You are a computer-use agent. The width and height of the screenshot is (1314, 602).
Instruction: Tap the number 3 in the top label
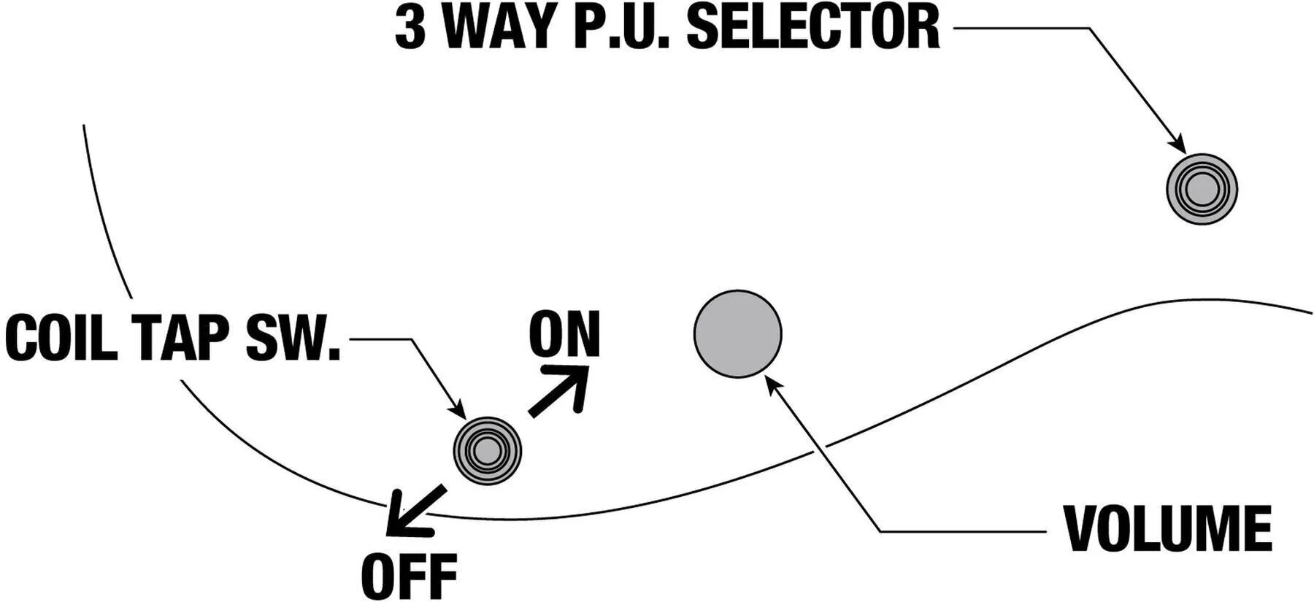click(410, 28)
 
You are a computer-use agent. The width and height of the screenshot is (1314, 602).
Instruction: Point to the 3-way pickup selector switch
click(1202, 189)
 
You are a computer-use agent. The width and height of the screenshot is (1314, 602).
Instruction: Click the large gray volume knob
click(737, 333)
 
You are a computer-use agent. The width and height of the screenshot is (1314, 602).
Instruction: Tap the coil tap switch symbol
click(487, 451)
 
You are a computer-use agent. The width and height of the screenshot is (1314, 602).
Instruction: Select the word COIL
click(61, 338)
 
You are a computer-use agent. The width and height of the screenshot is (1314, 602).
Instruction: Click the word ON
click(564, 333)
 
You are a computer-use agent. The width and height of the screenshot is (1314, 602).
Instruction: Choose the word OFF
click(409, 576)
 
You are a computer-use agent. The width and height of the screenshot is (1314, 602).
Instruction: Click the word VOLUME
click(1167, 528)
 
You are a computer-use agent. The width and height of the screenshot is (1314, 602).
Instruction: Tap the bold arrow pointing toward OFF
click(412, 511)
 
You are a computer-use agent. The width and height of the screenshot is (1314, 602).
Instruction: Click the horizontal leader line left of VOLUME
click(964, 531)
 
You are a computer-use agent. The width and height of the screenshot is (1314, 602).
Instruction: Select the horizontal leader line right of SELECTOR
click(1022, 28)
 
